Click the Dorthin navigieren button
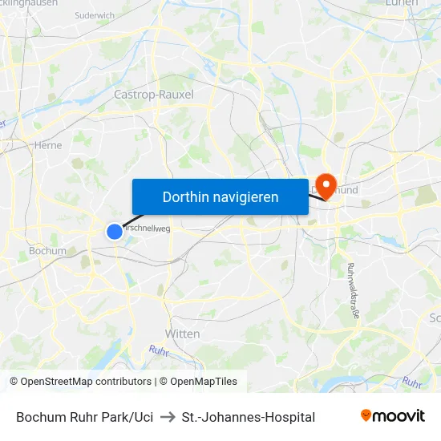[x=220, y=196]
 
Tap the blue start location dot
[x=115, y=231]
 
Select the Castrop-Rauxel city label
[x=154, y=95]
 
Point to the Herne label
[x=48, y=145]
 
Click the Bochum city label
[x=47, y=250]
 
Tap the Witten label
[x=182, y=333]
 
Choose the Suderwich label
[x=94, y=15]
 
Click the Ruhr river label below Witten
[x=157, y=350]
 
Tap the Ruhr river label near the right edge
[x=411, y=382]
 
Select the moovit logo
[x=392, y=415]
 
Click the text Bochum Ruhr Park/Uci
[x=84, y=417]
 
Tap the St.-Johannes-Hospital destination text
[x=248, y=417]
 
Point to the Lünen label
[x=402, y=3]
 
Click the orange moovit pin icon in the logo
[x=366, y=415]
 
